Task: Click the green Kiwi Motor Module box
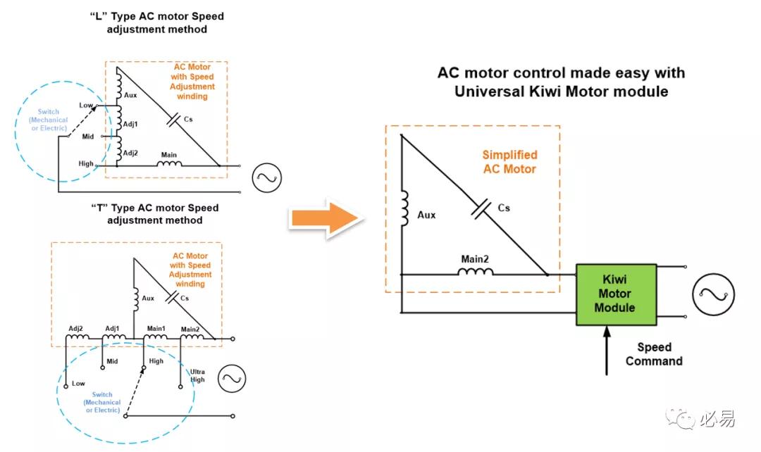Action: click(x=616, y=294)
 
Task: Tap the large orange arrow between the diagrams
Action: click(x=327, y=218)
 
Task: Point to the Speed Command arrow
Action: click(x=607, y=351)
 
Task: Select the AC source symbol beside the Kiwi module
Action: click(x=713, y=294)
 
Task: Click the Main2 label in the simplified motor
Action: click(x=475, y=259)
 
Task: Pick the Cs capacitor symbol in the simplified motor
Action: click(x=481, y=209)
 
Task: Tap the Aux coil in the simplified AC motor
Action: click(x=404, y=209)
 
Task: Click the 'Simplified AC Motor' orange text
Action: click(x=509, y=162)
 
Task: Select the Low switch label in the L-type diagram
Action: click(x=85, y=105)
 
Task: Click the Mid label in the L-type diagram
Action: click(x=88, y=137)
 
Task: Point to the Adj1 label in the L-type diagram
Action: click(x=130, y=124)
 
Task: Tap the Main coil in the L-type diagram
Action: click(x=169, y=164)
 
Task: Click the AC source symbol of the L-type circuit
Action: click(x=266, y=178)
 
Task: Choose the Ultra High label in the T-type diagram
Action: click(x=197, y=376)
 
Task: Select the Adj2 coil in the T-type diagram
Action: click(x=78, y=336)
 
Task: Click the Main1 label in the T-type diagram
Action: click(x=156, y=328)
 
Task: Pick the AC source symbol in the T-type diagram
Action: click(x=232, y=379)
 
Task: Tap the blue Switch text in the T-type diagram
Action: click(x=102, y=395)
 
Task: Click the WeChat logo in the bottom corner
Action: click(x=681, y=419)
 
